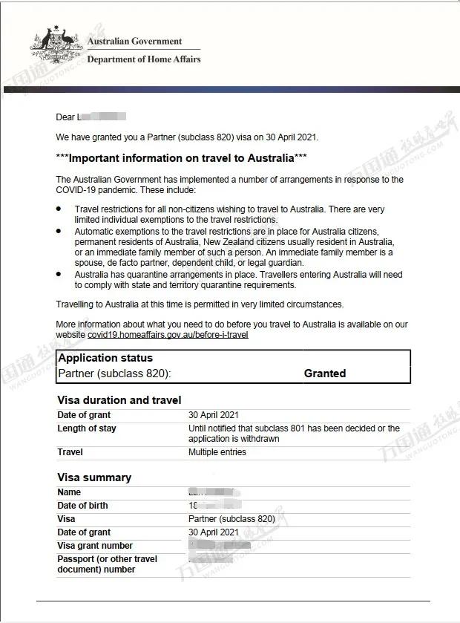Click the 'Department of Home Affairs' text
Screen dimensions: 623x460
144,59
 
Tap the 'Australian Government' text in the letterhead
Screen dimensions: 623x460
134,42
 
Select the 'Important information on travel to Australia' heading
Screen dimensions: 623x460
182,158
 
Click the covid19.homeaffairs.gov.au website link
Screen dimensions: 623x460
168,335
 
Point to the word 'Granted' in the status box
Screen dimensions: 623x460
325,374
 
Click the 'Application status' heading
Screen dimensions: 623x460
105,358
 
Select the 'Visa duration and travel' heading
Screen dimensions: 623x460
119,400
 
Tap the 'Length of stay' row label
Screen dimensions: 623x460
87,428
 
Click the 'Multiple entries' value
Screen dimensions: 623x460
217,452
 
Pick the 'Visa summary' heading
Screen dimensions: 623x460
94,477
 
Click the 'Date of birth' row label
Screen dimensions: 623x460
82,506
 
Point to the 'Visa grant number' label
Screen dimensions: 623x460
95,546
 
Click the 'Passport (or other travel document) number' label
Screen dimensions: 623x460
107,564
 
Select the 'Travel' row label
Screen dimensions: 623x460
70,452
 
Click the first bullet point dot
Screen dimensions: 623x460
59,209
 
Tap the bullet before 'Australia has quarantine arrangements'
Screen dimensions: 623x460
59,274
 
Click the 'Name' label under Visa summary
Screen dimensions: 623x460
69,492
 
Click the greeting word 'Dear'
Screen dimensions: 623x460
65,117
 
